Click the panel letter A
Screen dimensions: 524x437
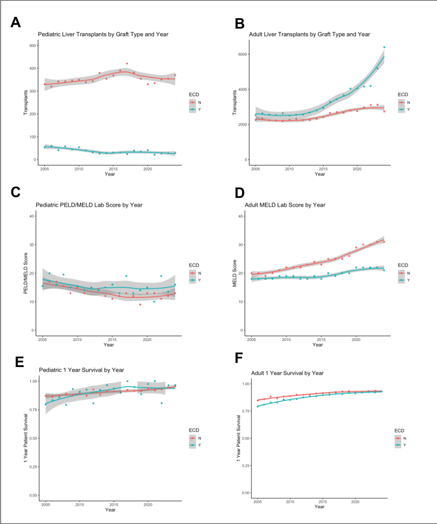[15, 23]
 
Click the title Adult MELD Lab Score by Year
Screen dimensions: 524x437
[287, 205]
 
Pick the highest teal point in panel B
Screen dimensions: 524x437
[384, 47]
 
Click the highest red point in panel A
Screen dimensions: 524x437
[127, 64]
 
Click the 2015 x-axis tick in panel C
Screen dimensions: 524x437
[112, 339]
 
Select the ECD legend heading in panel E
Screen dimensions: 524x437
[194, 429]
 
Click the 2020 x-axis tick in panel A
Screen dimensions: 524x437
[147, 169]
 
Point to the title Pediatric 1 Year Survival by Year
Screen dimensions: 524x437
[82, 370]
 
